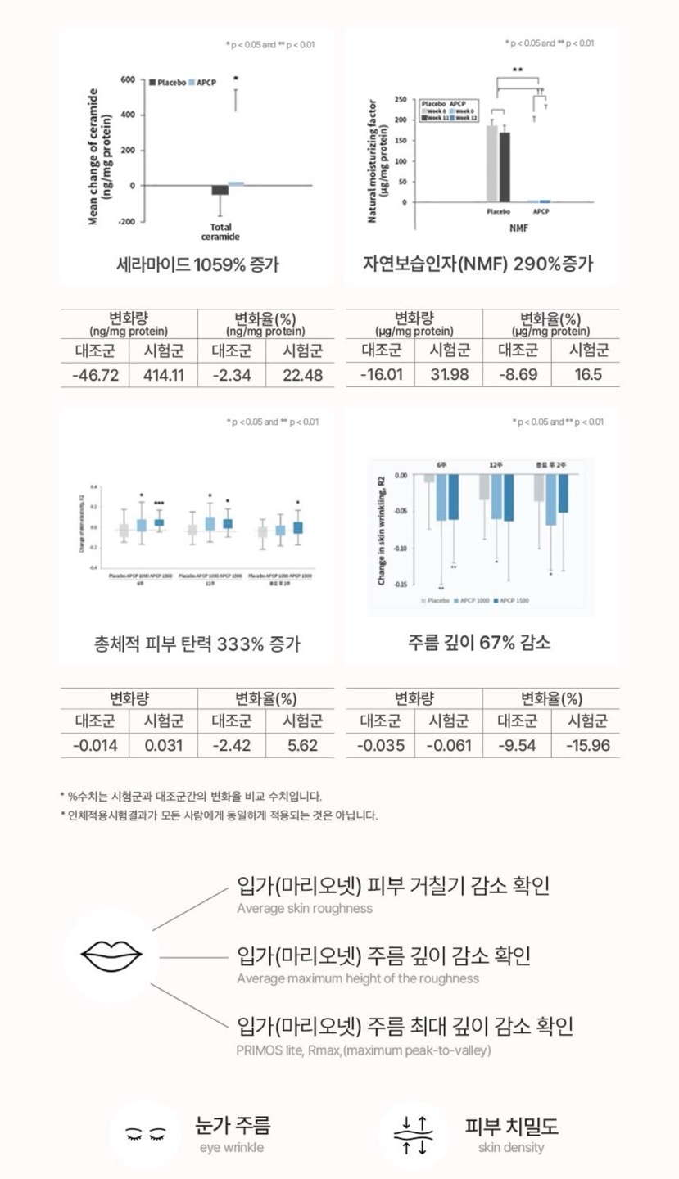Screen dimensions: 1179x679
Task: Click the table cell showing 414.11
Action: [x=164, y=376]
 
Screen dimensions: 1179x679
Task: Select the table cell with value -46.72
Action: [x=95, y=376]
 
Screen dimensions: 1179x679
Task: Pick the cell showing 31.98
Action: [x=449, y=376]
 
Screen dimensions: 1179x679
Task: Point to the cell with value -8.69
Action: [x=518, y=376]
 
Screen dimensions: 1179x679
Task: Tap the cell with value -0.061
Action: [x=449, y=746]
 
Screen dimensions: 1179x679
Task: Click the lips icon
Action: [x=111, y=955]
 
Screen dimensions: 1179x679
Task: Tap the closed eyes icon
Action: [x=145, y=1134]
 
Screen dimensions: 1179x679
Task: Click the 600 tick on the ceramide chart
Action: [x=127, y=80]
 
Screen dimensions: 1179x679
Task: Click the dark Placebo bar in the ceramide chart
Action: [x=220, y=190]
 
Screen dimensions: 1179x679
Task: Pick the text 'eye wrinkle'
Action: [x=232, y=1148]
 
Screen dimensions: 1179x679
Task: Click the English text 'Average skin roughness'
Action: [x=305, y=908]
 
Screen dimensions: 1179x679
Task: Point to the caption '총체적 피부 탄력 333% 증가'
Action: [x=197, y=644]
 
